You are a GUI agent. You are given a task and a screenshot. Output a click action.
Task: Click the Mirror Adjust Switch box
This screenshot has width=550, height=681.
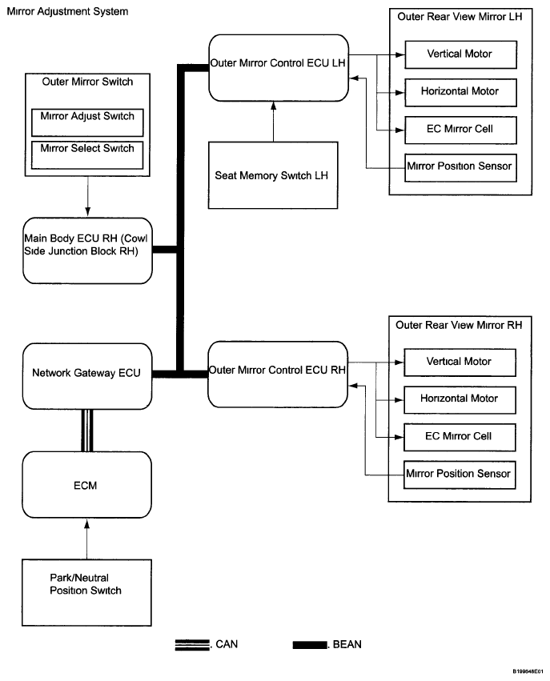coord(87,122)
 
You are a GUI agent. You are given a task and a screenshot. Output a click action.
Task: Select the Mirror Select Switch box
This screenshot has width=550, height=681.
coord(87,155)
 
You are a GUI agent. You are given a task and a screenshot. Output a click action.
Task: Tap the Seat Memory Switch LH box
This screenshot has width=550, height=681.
coord(273,175)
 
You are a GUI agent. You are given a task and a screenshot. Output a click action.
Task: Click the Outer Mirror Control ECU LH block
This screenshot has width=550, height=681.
coord(279,68)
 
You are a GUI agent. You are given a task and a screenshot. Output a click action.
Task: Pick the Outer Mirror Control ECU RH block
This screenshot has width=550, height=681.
coord(278,375)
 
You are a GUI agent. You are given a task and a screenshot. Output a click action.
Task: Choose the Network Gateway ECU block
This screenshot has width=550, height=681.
coord(87,377)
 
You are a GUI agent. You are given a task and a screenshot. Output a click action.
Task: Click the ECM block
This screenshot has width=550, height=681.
coord(87,485)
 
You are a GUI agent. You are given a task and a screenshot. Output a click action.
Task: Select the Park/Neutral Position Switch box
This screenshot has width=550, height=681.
coord(86,592)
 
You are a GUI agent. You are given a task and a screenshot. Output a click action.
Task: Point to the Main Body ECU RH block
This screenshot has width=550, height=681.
coord(87,250)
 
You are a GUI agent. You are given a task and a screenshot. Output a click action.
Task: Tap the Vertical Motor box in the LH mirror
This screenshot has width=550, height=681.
coord(460,54)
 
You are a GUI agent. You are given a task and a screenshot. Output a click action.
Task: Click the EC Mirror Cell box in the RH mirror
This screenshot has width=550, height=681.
coord(460,438)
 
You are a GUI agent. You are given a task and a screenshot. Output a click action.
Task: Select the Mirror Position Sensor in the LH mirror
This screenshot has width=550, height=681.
coord(460,167)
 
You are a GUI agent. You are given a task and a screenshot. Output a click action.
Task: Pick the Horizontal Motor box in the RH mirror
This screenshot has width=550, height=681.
coord(460,400)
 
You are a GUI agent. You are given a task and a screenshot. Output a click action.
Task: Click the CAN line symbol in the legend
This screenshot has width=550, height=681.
coord(192,645)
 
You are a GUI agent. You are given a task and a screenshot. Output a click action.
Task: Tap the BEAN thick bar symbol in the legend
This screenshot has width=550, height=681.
coord(309,645)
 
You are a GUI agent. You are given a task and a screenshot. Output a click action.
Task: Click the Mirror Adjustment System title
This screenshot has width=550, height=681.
coord(67,12)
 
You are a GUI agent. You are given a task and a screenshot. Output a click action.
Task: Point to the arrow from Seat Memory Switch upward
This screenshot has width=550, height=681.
coord(273,122)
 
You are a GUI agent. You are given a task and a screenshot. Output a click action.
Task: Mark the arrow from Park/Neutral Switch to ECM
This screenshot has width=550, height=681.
coord(87,539)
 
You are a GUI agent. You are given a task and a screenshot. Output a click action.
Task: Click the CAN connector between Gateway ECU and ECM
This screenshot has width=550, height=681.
coord(87,431)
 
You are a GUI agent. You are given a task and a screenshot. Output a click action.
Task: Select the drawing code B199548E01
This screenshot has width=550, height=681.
coord(528,671)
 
